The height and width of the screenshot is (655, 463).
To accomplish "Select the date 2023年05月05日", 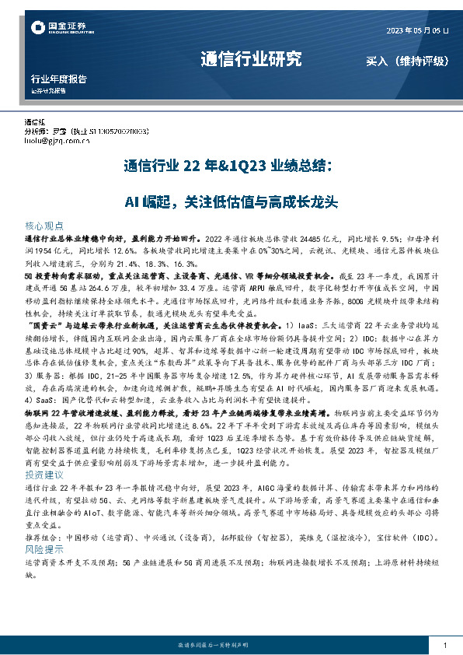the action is coord(417,31).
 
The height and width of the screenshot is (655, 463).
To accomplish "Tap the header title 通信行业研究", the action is coord(250,59).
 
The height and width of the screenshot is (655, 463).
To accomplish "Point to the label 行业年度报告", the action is coord(58,79).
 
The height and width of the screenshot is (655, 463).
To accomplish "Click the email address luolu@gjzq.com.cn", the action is coord(57,142).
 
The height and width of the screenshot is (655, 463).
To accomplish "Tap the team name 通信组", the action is coord(36,123).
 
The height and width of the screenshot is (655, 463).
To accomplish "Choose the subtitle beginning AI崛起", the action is coord(231,202).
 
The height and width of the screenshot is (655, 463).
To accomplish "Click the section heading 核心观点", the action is coord(45,223).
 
